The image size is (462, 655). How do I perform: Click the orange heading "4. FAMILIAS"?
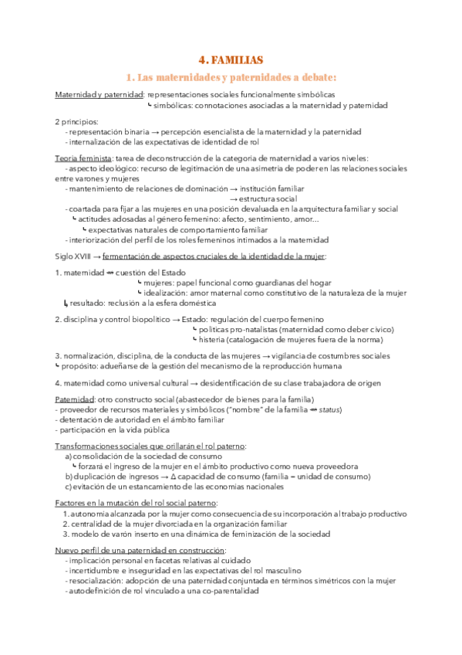[231, 59]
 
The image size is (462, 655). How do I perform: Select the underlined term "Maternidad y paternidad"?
[99, 95]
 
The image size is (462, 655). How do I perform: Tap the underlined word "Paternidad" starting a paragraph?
[75, 399]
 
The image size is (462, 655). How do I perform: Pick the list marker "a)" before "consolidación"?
[69, 456]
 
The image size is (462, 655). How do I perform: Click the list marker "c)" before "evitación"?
[69, 487]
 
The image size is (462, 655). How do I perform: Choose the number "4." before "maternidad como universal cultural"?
[58, 383]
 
